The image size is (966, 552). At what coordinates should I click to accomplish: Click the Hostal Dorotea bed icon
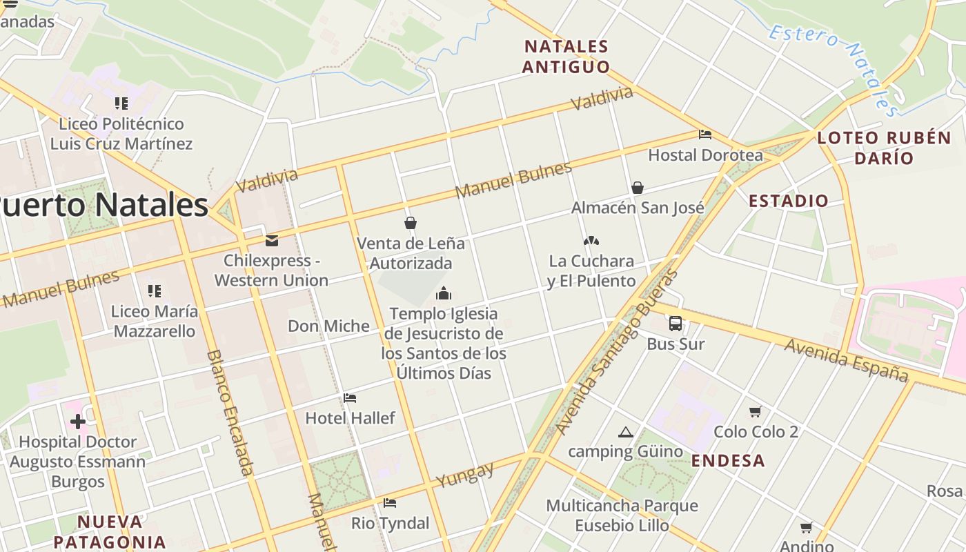704,135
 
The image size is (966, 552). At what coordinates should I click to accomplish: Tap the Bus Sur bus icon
676,323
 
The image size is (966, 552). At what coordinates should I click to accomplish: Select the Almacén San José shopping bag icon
638,187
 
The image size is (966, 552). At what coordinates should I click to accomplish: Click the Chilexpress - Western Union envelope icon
272,240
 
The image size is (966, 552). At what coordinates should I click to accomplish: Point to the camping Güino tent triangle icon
626,433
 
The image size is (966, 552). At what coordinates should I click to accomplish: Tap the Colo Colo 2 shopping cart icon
756,411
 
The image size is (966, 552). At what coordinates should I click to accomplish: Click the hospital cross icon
77,421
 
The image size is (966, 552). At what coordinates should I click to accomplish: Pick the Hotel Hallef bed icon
350,398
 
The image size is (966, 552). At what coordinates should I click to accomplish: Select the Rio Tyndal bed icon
390,503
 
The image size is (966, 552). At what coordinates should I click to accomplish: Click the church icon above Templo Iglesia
443,293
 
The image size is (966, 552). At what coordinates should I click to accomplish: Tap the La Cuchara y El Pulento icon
591,241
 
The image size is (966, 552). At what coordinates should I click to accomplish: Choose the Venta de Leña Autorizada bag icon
411,222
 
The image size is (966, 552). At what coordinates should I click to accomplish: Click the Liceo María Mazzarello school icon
155,290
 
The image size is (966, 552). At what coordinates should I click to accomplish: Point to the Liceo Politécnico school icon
121,103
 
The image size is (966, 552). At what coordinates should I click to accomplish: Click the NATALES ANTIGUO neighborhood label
566,57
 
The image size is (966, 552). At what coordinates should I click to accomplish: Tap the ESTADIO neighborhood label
789,201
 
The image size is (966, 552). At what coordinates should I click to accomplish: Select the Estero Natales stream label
834,70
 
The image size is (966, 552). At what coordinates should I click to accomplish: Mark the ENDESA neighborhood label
728,461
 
